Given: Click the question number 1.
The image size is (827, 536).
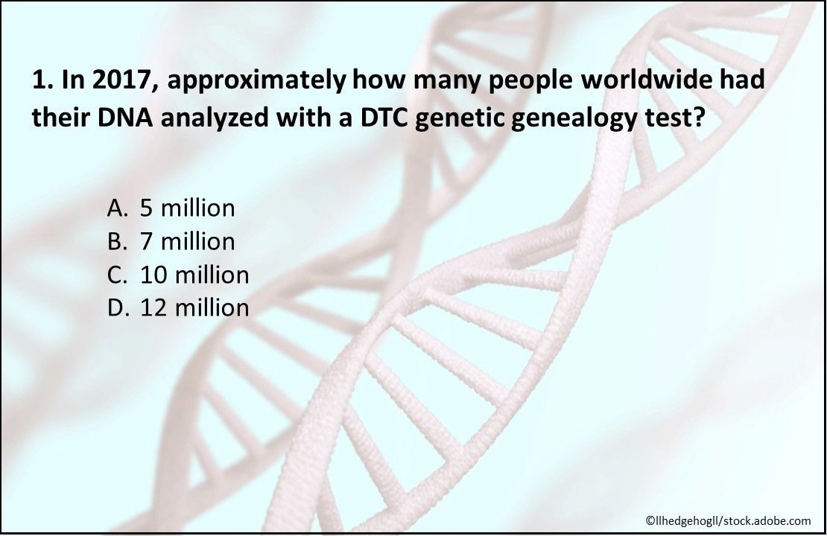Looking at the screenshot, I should coord(39,80).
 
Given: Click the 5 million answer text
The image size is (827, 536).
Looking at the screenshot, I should coord(188,208).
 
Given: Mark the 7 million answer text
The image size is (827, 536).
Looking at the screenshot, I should coord(188,241).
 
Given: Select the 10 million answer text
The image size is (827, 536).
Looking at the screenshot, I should coord(194,275).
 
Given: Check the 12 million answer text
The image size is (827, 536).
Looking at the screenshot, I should coord(194,307).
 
